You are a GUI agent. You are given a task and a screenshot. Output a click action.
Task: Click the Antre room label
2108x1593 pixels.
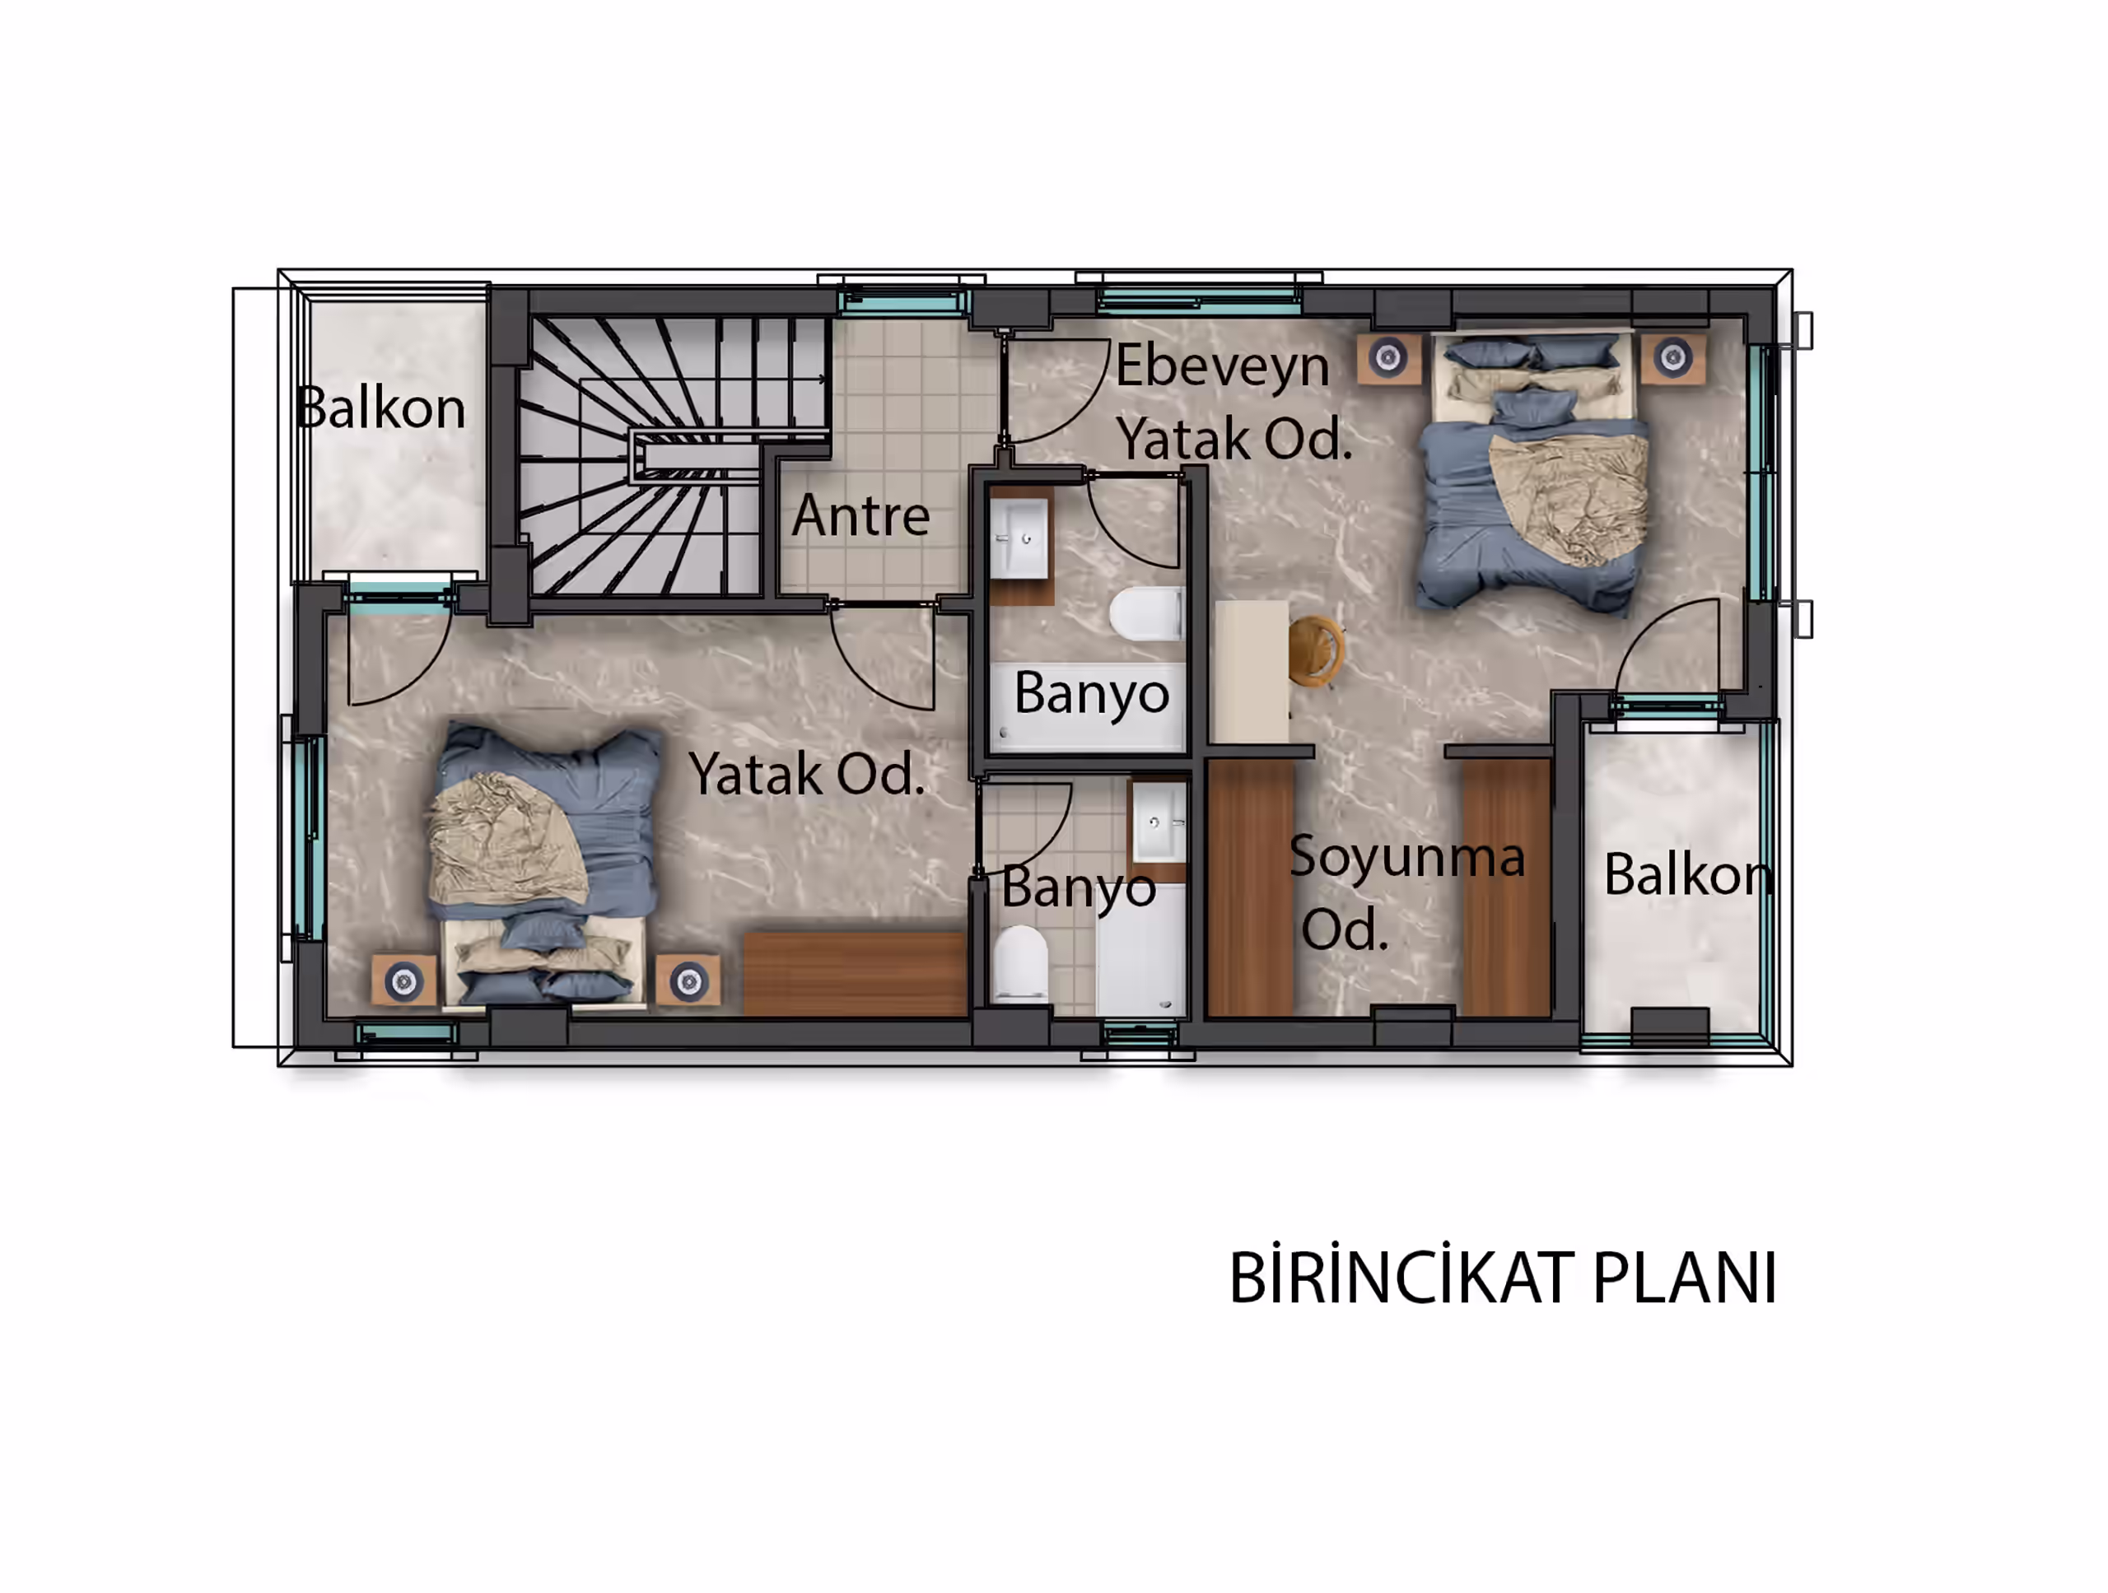click(860, 515)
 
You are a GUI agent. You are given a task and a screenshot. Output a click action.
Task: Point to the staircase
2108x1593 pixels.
click(672, 456)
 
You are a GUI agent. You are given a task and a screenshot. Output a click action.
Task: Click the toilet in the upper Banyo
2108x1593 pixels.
click(1146, 613)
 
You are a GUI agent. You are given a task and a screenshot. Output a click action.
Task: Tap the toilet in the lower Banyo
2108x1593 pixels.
click(1020, 963)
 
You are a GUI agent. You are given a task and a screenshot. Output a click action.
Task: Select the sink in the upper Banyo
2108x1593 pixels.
click(1019, 539)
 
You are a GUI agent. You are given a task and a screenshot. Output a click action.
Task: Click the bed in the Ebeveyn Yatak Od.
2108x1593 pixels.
click(1534, 471)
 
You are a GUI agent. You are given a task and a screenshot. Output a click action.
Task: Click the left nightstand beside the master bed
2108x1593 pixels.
click(1388, 358)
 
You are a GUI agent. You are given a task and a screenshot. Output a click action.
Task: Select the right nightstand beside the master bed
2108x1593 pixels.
click(1672, 358)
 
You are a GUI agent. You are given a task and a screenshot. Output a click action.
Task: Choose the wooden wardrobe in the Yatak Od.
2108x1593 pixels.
click(855, 974)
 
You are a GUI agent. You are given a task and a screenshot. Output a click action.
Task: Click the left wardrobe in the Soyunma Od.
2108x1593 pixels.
click(1250, 887)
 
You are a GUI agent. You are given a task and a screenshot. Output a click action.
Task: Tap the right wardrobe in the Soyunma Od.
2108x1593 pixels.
click(1506, 887)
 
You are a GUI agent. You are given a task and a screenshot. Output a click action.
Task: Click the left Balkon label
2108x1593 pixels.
click(380, 408)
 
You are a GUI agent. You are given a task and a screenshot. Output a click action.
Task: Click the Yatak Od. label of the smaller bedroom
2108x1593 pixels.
click(806, 773)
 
